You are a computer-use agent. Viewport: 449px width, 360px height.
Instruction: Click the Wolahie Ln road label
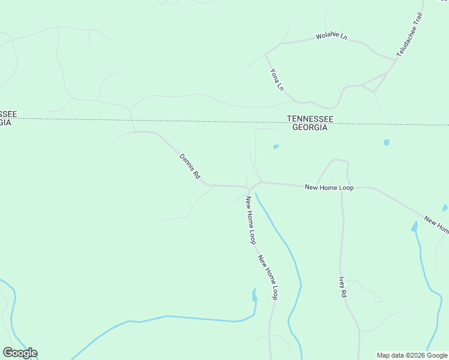pos(331,37)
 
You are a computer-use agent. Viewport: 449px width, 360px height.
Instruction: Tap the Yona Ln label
pos(277,79)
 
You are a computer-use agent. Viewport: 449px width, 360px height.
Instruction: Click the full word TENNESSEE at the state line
pos(310,119)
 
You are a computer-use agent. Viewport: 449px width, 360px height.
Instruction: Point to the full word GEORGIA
pos(310,128)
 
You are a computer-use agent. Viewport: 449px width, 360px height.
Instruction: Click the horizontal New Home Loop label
pos(329,188)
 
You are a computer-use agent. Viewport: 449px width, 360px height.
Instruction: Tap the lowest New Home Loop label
pos(268,277)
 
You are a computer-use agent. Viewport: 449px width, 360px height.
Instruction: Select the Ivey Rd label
pos(343,287)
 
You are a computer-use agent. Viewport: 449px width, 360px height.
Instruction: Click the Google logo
pos(20,353)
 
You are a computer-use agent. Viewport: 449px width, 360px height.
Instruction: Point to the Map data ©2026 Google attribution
pos(412,355)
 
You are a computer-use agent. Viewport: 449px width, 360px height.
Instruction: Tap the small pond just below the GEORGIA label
pos(276,146)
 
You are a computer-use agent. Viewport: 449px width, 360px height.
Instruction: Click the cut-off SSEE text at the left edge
pos(8,114)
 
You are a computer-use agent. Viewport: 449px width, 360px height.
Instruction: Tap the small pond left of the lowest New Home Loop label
pos(255,295)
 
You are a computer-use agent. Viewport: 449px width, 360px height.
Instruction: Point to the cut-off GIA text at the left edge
pos(5,122)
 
